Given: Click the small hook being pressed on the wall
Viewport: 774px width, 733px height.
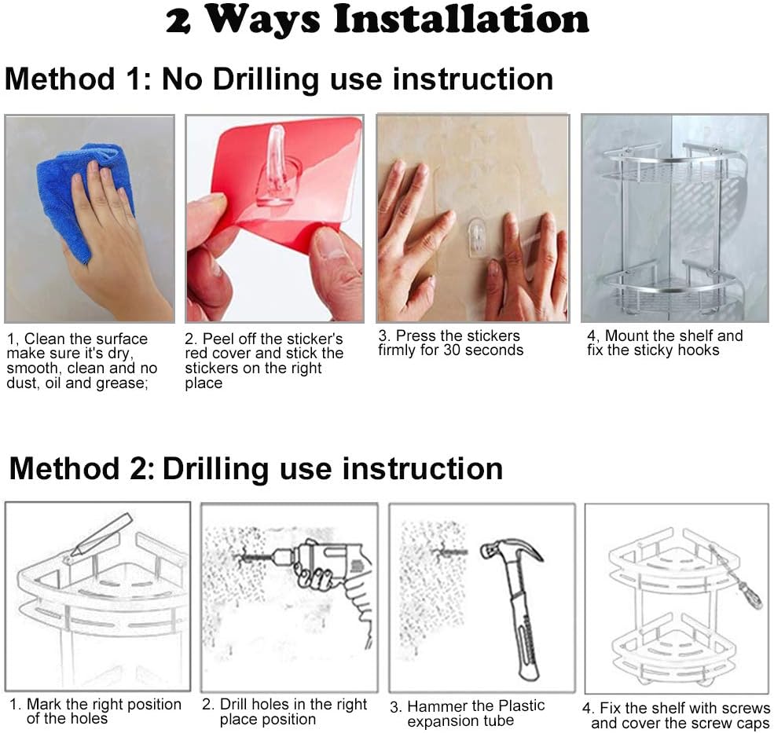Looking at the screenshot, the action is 477,238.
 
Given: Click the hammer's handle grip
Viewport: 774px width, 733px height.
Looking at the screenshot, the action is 524,636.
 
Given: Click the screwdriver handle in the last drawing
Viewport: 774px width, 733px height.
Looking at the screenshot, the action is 750,596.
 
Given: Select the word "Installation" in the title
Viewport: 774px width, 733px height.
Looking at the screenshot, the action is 461,20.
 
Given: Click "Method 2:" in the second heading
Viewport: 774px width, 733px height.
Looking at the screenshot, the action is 82,468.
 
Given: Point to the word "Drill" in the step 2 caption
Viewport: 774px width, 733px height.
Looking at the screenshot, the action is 233,705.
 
